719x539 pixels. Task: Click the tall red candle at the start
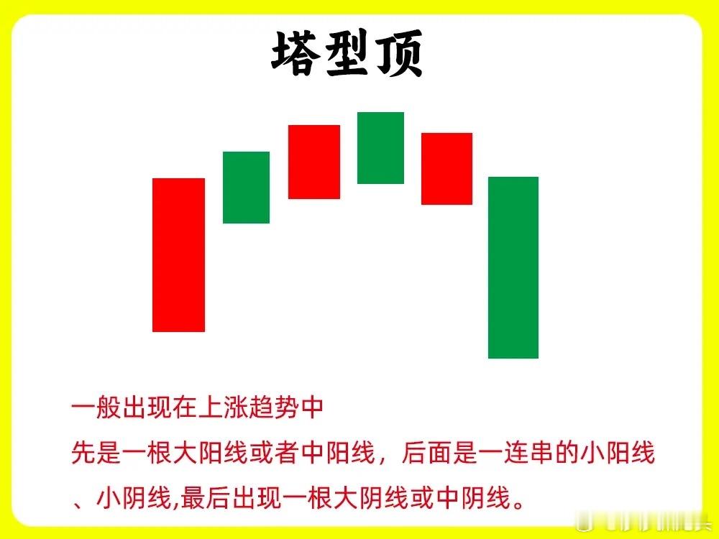click(x=179, y=255)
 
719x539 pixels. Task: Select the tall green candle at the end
click(x=513, y=267)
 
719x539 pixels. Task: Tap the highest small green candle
click(x=380, y=147)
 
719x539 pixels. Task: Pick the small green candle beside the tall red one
click(x=246, y=188)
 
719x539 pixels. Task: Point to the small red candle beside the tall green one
click(x=446, y=169)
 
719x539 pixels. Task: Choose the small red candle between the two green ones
click(x=314, y=162)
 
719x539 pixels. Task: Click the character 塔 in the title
click(x=296, y=54)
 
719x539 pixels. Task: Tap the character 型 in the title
click(x=347, y=54)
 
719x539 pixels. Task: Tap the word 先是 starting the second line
click(x=96, y=453)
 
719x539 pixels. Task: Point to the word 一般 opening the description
click(x=96, y=407)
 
